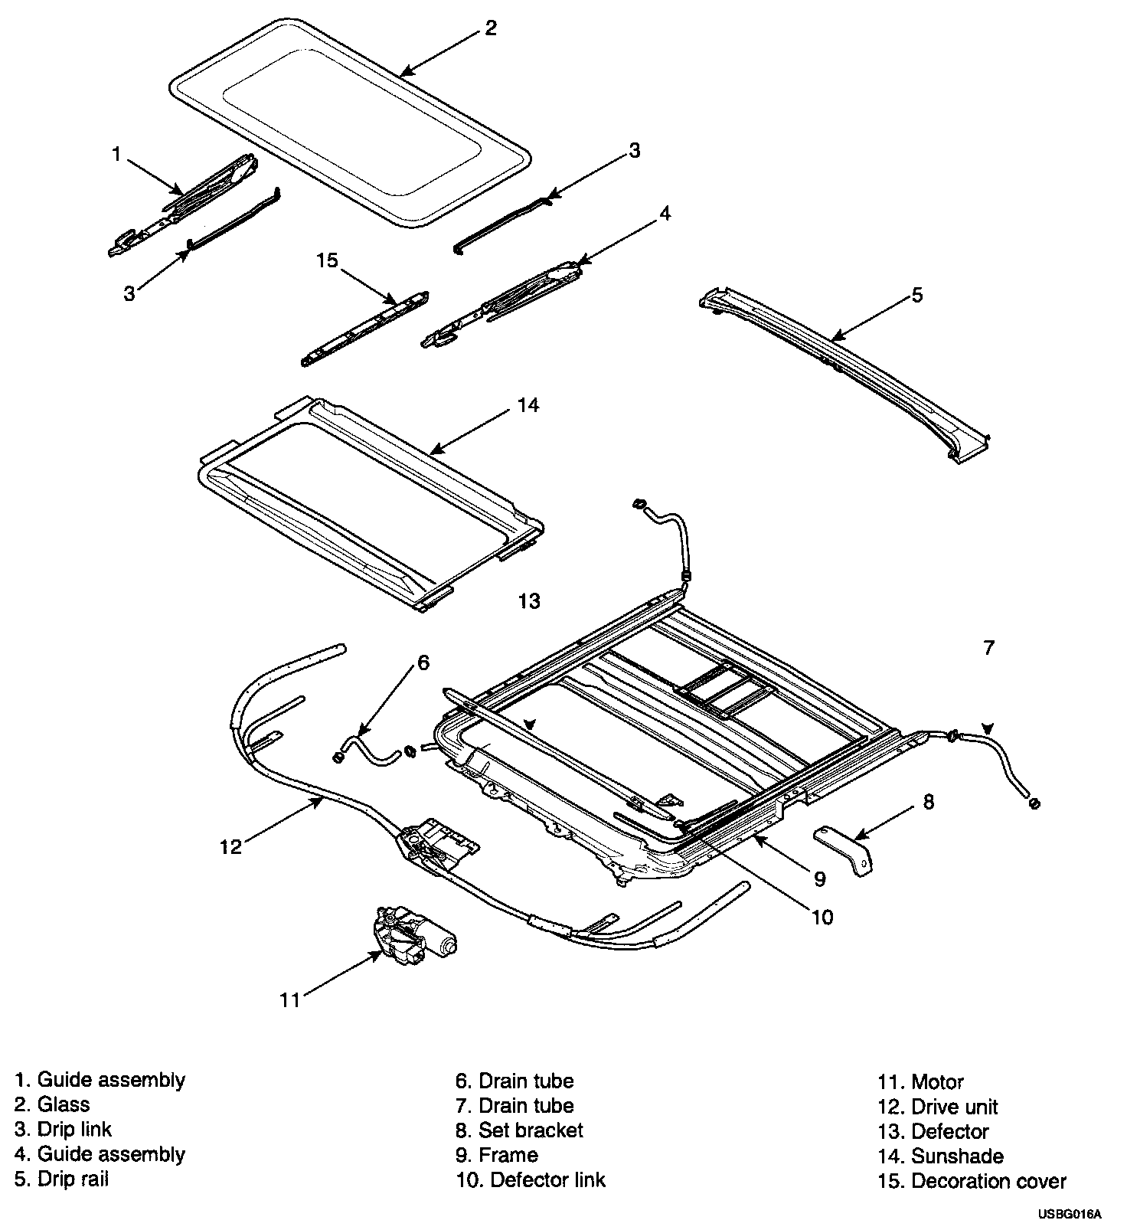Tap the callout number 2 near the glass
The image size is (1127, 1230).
491,28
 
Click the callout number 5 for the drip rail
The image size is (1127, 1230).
917,295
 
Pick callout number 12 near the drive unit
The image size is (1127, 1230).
230,846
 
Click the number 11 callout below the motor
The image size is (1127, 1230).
289,1000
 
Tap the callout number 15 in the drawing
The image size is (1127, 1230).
327,260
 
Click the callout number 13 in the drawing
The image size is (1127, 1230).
529,601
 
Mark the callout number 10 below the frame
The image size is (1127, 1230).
822,917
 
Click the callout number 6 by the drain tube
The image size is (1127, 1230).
423,662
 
